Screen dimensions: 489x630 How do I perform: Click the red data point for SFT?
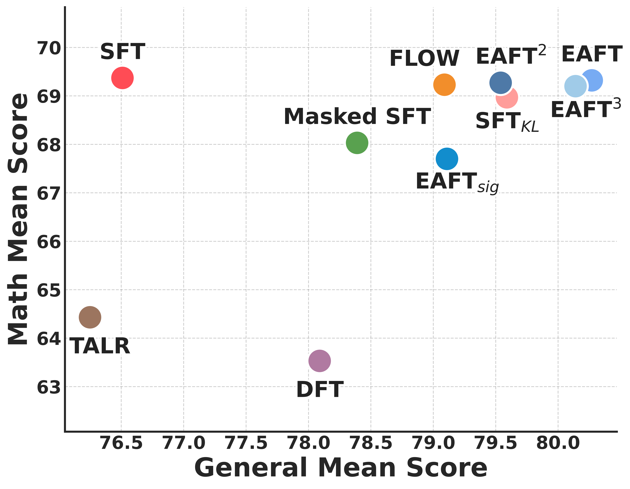(x=122, y=78)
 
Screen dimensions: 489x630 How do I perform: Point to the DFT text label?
(x=320, y=390)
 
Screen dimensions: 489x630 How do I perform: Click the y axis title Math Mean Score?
(x=18, y=219)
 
